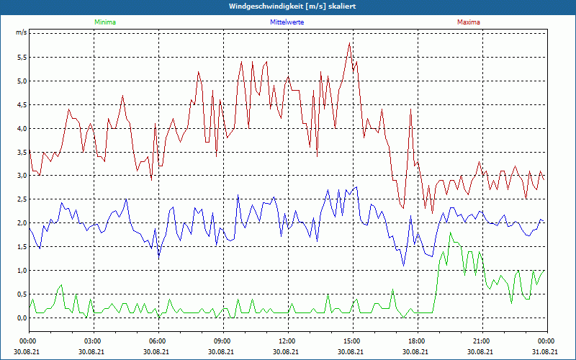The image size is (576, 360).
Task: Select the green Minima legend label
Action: click(x=104, y=22)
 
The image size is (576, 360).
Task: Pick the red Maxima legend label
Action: click(x=468, y=22)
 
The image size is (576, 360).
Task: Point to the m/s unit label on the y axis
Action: click(x=21, y=33)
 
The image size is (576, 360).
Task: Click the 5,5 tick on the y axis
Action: click(x=21, y=57)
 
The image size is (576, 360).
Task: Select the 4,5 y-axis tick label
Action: click(x=21, y=104)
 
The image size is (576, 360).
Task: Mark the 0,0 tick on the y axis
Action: click(x=21, y=318)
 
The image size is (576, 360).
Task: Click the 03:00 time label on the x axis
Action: click(x=93, y=341)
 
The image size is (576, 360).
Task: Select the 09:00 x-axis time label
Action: click(x=222, y=341)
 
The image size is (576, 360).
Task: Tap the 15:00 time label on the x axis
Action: click(x=352, y=341)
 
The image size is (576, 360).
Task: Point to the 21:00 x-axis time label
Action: click(x=482, y=341)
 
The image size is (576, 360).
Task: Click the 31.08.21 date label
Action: click(x=546, y=351)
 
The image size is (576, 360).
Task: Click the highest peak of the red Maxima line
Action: click(x=349, y=42)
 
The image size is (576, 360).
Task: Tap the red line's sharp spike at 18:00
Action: click(x=410, y=109)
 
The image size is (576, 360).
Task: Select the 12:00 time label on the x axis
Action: click(x=287, y=341)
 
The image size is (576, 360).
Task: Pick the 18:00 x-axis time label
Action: click(x=417, y=341)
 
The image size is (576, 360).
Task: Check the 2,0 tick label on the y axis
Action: click(x=21, y=223)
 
